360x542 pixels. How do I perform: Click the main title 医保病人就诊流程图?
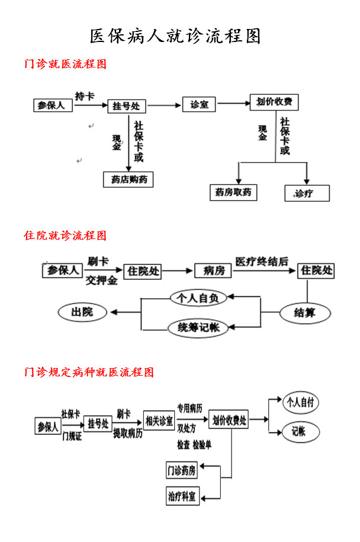(175, 37)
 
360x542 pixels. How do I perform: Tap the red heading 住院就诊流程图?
(65, 235)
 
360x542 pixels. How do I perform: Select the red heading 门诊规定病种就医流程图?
(89, 372)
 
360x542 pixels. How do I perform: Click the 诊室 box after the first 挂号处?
(199, 105)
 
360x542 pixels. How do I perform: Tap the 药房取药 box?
(233, 192)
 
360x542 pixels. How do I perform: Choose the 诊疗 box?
(307, 193)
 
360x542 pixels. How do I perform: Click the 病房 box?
(213, 271)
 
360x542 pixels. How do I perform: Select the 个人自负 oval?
(198, 298)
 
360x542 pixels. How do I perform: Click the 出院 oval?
(82, 312)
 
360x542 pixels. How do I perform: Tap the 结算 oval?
(304, 312)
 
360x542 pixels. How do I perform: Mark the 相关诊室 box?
(159, 421)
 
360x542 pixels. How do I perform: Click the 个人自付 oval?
(300, 403)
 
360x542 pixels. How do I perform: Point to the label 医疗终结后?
(262, 261)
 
